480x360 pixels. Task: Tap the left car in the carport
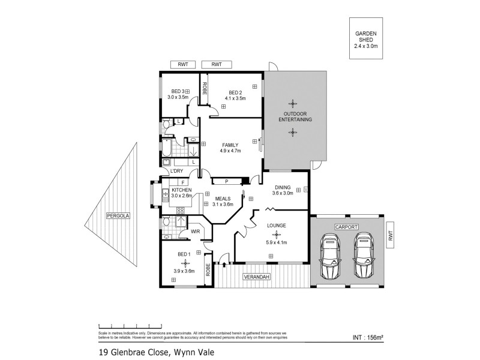329,256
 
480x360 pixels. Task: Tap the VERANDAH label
256,277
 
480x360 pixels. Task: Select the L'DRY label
176,172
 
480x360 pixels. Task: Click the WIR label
195,231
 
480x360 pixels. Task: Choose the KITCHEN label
181,190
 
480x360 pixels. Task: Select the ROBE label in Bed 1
208,270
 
